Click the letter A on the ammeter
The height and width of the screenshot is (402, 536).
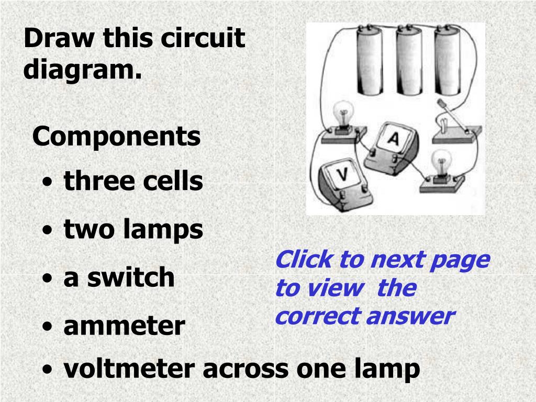394,138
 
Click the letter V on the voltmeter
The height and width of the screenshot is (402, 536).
342,174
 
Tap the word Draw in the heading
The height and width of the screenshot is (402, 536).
59,38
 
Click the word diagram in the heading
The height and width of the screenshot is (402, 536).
82,69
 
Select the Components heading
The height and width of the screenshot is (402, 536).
116,136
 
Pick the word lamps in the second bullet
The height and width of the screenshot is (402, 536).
163,230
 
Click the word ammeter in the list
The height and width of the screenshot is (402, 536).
125,326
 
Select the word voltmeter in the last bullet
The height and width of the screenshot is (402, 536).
129,368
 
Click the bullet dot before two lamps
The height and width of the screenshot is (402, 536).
48,230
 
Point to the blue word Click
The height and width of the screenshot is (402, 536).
304,259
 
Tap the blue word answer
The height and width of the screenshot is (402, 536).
411,316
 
